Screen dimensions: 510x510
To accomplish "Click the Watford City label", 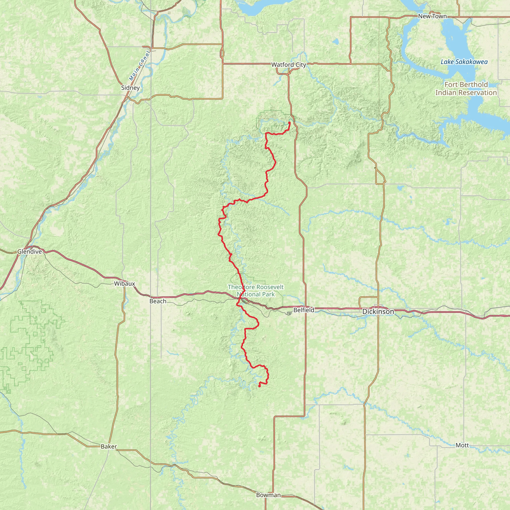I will coord(289,65).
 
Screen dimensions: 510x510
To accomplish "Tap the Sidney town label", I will coord(130,88).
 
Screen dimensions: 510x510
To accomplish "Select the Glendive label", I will coord(30,252).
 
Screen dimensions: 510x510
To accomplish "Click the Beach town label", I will coord(158,301).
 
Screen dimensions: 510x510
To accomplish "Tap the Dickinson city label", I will coord(378,312).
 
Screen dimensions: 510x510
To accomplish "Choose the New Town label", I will coord(432,16).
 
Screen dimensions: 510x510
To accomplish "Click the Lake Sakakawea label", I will coord(464,62).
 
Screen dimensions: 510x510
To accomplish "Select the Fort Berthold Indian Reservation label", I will coord(466,88).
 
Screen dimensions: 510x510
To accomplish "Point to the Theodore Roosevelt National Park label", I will coord(256,290).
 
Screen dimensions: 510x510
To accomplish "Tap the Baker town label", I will coord(109,446).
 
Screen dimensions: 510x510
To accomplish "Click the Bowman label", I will coord(268,495).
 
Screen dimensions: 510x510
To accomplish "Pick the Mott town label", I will coord(462,445).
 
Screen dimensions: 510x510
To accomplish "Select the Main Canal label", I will coord(140,66).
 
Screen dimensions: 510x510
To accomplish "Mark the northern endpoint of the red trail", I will coord(290,123).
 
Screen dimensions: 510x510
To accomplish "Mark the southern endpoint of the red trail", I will coord(259,386).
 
